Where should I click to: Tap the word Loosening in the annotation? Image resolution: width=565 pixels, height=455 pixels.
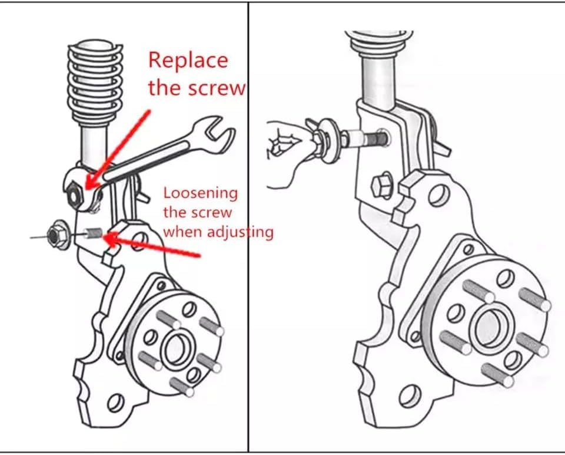point(201,194)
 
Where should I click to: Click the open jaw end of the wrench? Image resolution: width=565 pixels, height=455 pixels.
point(215,134)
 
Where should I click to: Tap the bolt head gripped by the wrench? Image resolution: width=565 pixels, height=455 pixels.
point(75,195)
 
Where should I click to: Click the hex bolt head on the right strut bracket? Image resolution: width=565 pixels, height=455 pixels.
point(382,186)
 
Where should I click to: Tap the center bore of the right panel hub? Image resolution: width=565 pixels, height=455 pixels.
point(489,327)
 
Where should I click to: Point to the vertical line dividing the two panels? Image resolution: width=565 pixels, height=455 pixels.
point(248,227)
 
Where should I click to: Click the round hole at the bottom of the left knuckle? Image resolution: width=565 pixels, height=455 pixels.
point(116,403)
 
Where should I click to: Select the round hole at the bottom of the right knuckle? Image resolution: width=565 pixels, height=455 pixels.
point(410,397)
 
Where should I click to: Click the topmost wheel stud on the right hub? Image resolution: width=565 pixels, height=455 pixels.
point(478,291)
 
